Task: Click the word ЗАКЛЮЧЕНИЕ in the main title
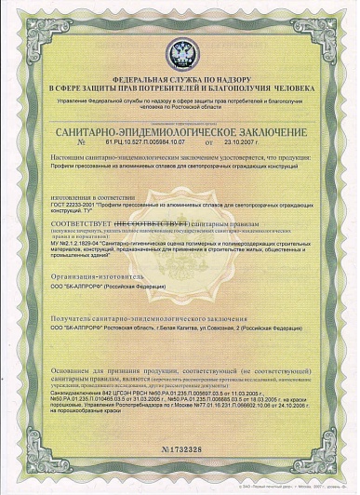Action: (x=263, y=135)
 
